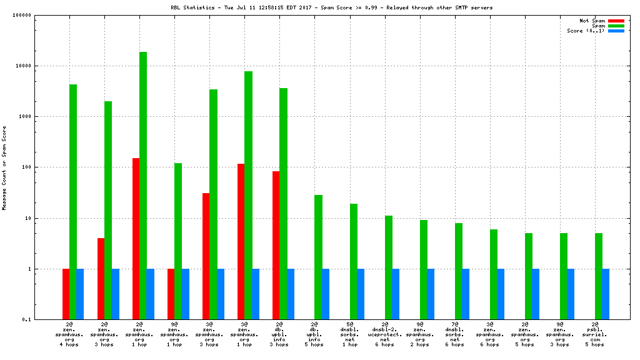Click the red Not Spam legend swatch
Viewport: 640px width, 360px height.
(x=616, y=21)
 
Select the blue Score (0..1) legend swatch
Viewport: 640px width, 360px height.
(x=616, y=31)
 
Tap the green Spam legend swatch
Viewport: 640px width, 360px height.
(x=616, y=26)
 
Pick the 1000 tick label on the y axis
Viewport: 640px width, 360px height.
(x=24, y=117)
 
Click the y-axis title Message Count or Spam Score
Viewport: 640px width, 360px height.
(x=4, y=167)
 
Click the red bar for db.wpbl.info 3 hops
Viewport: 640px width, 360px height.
(x=276, y=246)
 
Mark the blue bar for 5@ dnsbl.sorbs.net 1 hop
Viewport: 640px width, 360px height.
(x=361, y=294)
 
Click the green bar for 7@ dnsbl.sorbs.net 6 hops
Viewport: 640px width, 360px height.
(x=459, y=271)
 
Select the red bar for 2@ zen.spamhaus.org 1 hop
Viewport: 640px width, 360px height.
(x=136, y=239)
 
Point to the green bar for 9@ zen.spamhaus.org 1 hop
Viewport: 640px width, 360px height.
(x=178, y=241)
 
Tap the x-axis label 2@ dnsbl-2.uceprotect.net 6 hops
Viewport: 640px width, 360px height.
(x=384, y=334)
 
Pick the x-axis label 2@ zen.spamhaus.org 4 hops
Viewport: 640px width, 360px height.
(x=69, y=334)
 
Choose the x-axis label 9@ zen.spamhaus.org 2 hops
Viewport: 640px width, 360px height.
(x=419, y=334)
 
